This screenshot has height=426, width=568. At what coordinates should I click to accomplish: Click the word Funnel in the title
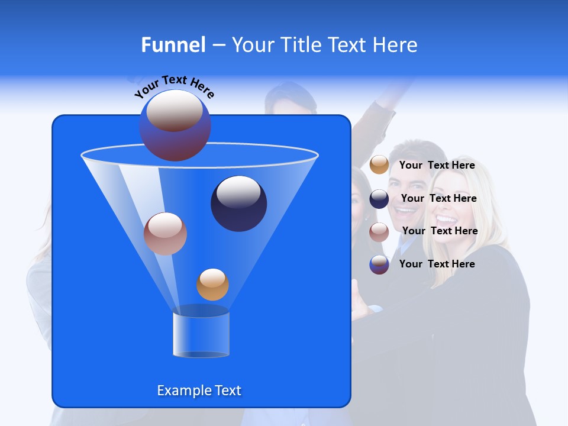(173, 45)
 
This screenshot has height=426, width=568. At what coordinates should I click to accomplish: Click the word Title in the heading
(300, 45)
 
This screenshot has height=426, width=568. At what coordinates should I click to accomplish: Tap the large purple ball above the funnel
(175, 125)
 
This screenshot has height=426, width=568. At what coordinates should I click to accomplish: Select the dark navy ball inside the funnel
(239, 203)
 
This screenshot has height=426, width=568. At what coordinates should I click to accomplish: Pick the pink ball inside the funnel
(165, 234)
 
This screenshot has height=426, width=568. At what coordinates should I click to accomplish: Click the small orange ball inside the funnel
(212, 284)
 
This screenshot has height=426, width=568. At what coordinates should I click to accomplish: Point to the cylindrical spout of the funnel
(201, 334)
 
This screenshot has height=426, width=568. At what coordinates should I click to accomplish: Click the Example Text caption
(199, 390)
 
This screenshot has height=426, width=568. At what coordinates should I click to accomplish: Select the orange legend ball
(379, 164)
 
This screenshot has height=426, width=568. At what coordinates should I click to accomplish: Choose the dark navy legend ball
(379, 199)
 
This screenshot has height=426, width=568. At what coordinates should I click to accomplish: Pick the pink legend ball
(379, 231)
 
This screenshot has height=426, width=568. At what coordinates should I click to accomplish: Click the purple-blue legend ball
(379, 264)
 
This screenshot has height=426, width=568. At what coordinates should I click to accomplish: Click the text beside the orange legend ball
(437, 166)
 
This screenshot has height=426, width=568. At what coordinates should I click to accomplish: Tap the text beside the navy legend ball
(438, 199)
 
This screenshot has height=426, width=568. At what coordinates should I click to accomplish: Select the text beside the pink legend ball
(440, 231)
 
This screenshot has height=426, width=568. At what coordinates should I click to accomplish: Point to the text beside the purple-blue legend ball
(437, 264)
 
